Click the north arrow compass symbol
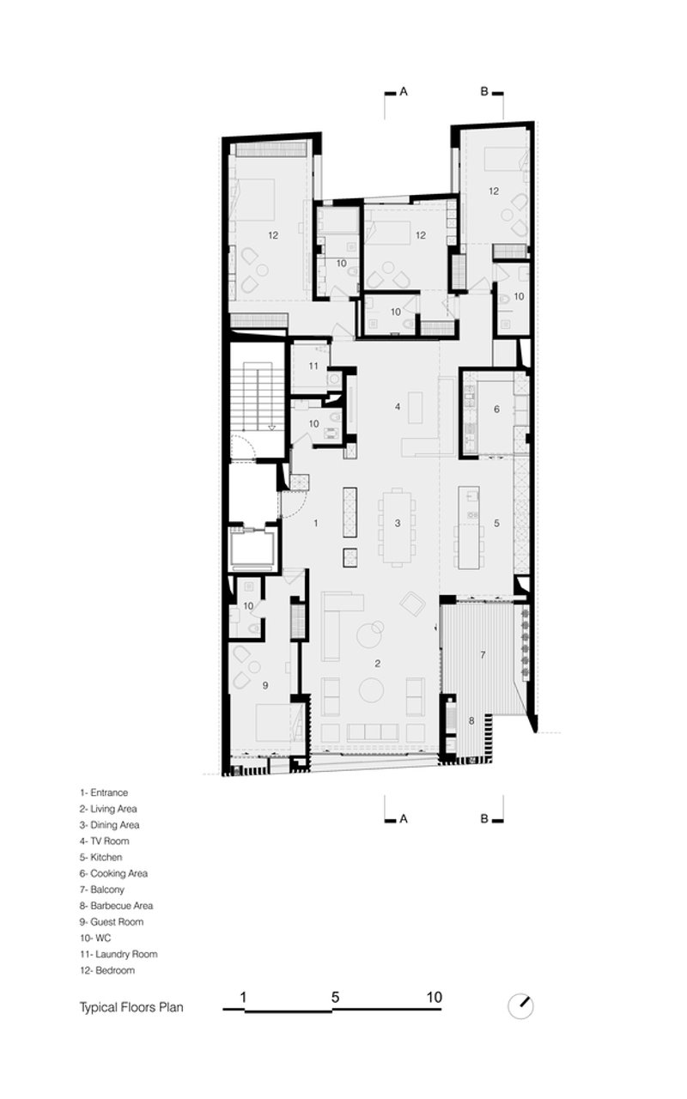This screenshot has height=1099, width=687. click(520, 1005)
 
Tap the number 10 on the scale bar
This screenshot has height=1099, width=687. click(435, 997)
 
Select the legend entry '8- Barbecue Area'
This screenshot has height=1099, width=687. click(116, 905)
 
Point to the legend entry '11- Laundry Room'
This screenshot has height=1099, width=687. click(119, 954)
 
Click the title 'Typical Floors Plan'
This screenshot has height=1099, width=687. click(131, 1007)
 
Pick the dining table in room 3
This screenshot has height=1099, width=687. click(398, 527)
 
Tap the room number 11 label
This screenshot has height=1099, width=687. click(313, 366)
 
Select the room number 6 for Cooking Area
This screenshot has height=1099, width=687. click(496, 409)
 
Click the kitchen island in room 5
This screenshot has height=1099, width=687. click(469, 527)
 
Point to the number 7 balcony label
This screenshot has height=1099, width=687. click(483, 654)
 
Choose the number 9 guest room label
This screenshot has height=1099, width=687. click(265, 685)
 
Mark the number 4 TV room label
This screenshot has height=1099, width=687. click(398, 406)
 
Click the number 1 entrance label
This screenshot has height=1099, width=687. click(315, 524)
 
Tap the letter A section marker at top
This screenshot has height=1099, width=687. click(404, 92)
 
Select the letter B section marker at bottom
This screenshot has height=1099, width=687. click(484, 819)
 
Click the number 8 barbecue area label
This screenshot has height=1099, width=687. click(471, 720)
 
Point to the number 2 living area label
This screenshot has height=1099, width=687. click(377, 664)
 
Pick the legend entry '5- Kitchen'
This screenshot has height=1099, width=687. click(101, 857)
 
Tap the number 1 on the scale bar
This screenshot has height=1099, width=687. click(243, 997)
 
